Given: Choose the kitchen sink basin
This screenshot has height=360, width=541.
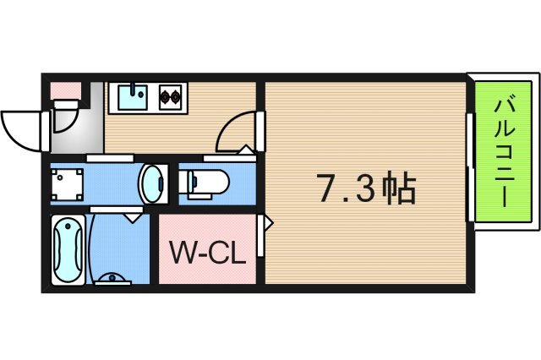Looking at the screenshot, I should (130, 98).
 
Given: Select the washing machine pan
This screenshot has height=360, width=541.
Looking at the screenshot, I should (67, 183).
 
